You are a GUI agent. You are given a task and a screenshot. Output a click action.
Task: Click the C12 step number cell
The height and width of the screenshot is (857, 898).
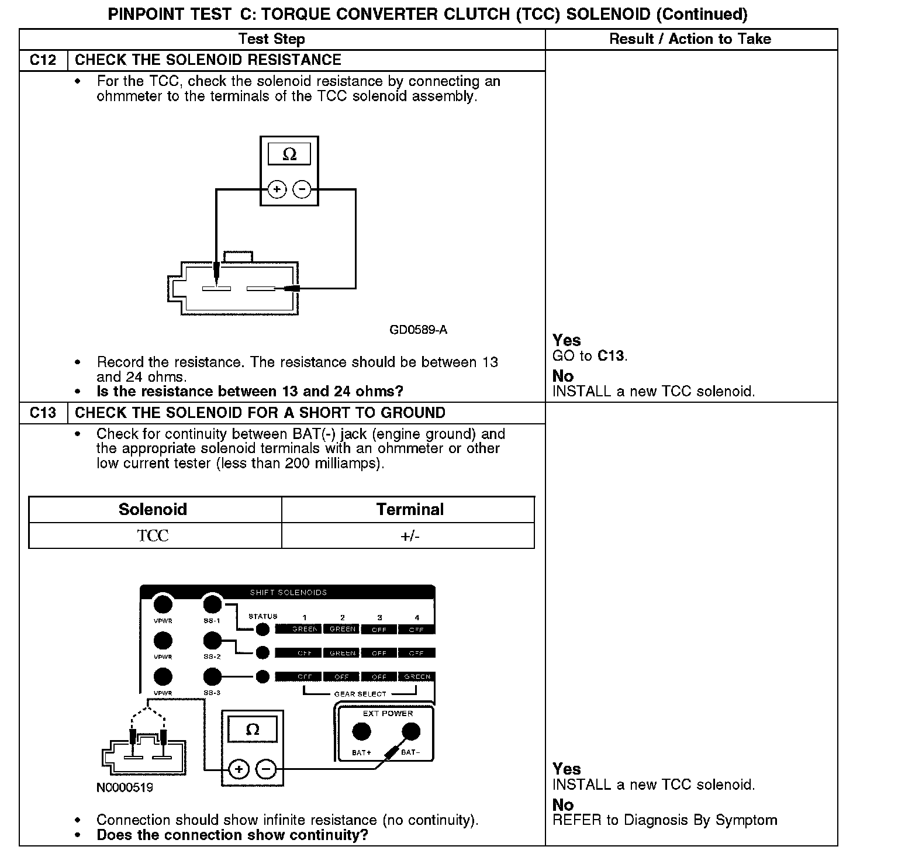(x=43, y=60)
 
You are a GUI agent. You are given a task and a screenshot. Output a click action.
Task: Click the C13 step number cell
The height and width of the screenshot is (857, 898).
(x=43, y=413)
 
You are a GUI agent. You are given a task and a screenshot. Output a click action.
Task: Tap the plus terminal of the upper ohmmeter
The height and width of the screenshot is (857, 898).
(x=277, y=189)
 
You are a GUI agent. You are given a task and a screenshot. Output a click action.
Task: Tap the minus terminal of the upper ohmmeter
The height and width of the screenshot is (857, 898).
(x=302, y=189)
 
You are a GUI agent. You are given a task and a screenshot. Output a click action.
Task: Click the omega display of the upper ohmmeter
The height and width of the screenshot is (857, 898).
(x=289, y=154)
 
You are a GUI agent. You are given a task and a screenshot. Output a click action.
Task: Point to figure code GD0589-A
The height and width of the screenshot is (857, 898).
(x=418, y=330)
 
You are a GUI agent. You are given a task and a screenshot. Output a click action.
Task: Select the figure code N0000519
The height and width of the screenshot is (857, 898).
(x=125, y=787)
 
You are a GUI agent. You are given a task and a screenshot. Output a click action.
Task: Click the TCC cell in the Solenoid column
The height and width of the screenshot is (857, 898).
(x=153, y=535)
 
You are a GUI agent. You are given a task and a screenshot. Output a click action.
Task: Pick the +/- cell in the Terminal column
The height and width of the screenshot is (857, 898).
(x=410, y=535)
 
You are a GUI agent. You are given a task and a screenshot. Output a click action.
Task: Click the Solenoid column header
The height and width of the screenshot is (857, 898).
(x=153, y=509)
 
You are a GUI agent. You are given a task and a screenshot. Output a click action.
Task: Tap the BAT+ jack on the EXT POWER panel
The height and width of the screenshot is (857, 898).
(x=362, y=731)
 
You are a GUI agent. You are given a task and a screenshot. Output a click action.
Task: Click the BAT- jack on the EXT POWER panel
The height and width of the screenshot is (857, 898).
(x=411, y=731)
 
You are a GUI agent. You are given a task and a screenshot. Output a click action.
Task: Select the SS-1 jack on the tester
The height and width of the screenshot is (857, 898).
(x=212, y=604)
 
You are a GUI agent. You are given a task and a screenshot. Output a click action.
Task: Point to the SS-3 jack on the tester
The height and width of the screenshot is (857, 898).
(x=212, y=677)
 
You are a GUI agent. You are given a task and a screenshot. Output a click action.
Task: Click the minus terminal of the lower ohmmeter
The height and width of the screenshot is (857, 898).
(x=266, y=769)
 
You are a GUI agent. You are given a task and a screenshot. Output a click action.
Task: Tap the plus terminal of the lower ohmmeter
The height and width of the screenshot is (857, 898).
(x=239, y=769)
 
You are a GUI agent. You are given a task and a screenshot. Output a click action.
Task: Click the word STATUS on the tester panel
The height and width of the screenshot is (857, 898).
(x=263, y=616)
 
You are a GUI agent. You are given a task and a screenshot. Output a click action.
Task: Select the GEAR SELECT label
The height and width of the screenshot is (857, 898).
(x=360, y=694)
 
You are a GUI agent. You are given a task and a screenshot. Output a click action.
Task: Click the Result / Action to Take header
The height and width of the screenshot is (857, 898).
(x=690, y=39)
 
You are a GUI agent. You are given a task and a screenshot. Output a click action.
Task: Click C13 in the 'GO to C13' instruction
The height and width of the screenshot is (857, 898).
(x=611, y=355)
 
